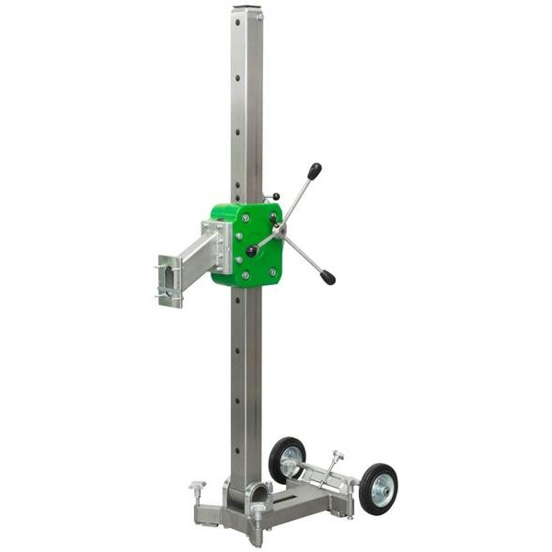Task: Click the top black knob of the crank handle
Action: coord(315,171)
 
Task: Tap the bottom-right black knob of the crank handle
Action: coord(328,277)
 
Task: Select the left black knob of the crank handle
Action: coord(251,251)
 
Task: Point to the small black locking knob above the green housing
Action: coord(273,197)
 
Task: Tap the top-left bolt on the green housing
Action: coord(244,218)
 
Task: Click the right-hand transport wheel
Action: coord(378,489)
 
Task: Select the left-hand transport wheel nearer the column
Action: coord(287,459)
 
